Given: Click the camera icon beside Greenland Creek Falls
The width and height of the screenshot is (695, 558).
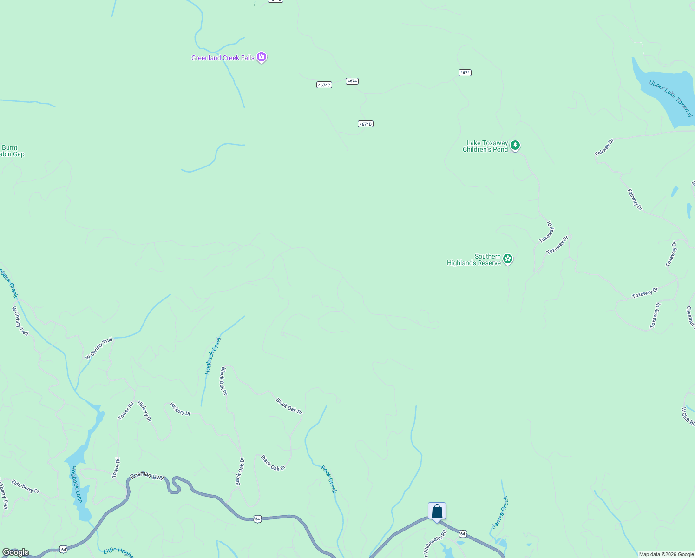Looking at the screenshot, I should click(x=262, y=57).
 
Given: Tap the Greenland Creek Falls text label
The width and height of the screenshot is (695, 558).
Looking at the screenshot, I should click(x=223, y=58).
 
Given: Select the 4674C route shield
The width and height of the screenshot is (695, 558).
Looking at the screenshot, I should click(x=324, y=85).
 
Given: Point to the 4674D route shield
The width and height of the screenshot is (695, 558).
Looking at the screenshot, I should click(x=366, y=124).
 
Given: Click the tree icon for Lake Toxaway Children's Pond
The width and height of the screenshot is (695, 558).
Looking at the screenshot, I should click(x=515, y=146).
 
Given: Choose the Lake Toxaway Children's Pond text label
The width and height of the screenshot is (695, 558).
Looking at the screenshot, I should click(x=485, y=146).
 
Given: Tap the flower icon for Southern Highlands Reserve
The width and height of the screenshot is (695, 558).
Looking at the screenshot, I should click(x=508, y=259).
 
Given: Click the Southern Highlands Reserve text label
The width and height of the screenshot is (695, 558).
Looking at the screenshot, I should click(x=474, y=260).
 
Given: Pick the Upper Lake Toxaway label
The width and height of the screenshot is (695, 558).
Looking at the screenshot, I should click(x=671, y=99).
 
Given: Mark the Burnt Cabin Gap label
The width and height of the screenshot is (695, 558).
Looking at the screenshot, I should click(x=11, y=151).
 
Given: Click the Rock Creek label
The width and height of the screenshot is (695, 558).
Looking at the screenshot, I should click(x=329, y=479).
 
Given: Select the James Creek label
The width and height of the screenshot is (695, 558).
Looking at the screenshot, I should click(x=500, y=512).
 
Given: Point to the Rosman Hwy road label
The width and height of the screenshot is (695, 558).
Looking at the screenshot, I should click(x=147, y=476).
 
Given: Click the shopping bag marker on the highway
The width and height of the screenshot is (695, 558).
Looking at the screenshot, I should click(x=437, y=511).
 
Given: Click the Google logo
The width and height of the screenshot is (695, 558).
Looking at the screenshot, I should click(x=16, y=552).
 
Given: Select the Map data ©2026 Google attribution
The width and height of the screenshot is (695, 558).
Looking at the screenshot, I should click(x=666, y=554).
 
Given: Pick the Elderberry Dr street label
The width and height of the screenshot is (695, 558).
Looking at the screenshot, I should click(x=26, y=486).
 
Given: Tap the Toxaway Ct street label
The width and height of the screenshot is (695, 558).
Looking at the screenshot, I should click(x=655, y=316).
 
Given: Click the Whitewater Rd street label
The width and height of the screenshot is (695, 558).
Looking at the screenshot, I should click(x=435, y=543).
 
